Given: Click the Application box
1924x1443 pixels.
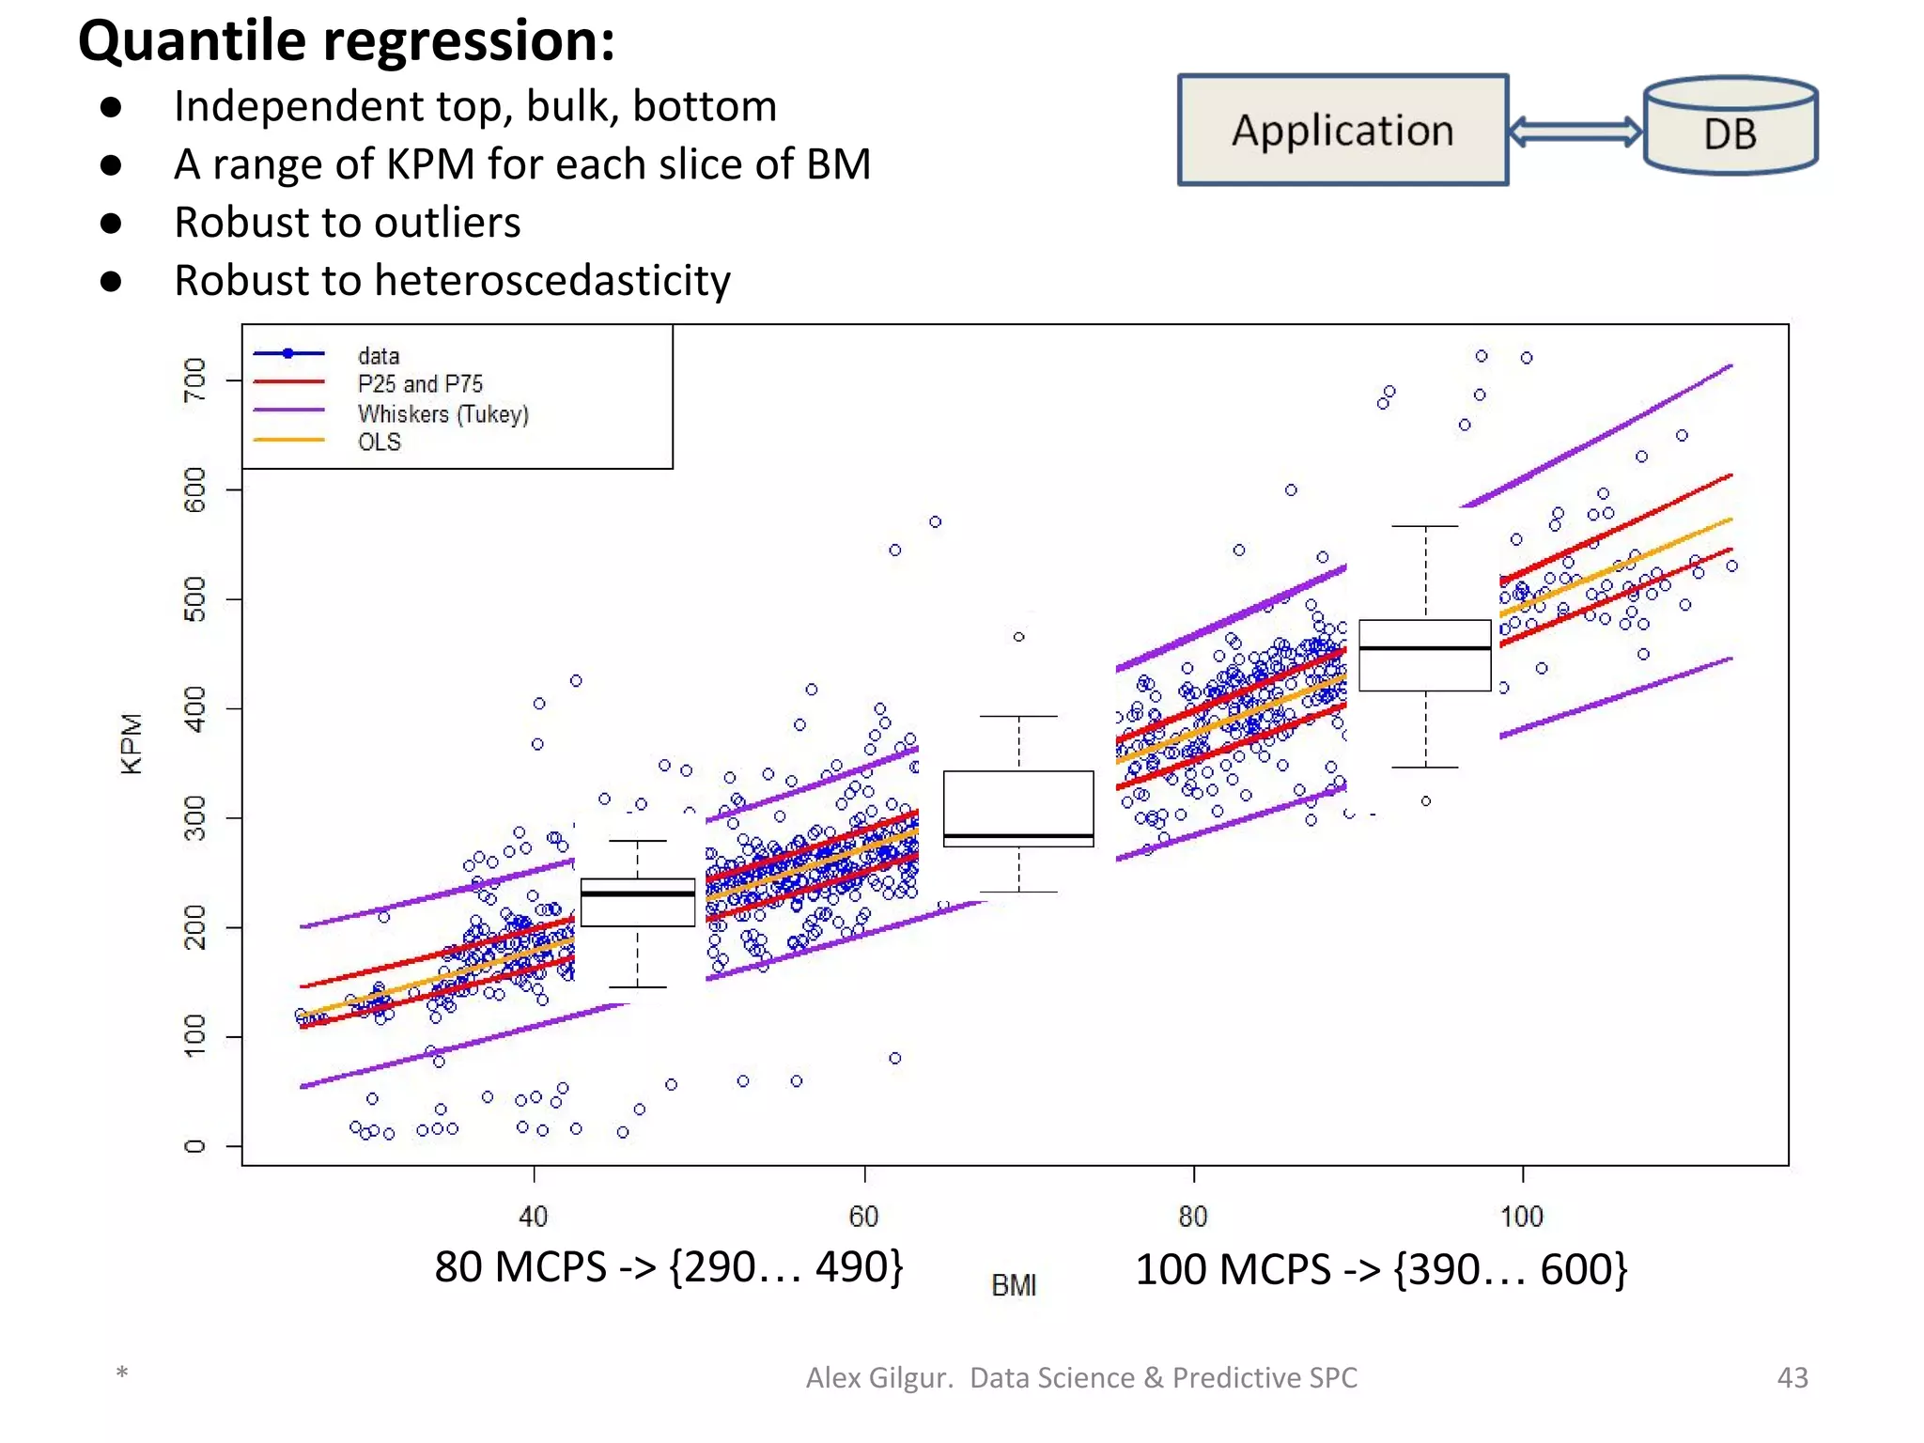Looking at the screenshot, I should coord(1342,130).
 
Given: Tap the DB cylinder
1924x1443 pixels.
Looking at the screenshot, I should coord(1730,128).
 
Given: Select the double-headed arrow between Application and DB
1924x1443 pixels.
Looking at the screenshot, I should coord(1575,131).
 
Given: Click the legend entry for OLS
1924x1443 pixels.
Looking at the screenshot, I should coord(379,442).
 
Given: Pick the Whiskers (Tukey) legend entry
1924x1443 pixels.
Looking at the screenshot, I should coord(442,413).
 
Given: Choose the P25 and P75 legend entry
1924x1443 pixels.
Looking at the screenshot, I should coord(420,383).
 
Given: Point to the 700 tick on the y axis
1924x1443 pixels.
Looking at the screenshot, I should coord(194,380).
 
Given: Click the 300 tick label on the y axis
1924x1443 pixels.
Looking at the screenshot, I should coord(194,817).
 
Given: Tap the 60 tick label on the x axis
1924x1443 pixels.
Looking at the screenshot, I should coord(863,1217).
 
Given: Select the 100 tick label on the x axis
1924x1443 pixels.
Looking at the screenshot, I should coord(1522,1217).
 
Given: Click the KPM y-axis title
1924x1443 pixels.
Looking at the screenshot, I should coord(132,743).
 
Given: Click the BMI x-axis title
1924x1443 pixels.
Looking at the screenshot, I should coord(1014,1284).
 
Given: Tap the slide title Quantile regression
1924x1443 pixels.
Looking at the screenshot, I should coord(346,40).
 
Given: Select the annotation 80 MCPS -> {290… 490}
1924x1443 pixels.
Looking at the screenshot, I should coord(668,1266).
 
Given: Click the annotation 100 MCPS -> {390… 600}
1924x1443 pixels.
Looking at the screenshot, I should coord(1381,1269).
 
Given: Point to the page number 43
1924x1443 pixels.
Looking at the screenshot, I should coord(1792,1377).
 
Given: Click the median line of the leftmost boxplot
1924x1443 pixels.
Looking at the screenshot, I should coord(638,892).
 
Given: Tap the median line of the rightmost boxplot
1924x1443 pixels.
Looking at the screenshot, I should coord(1424,648).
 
